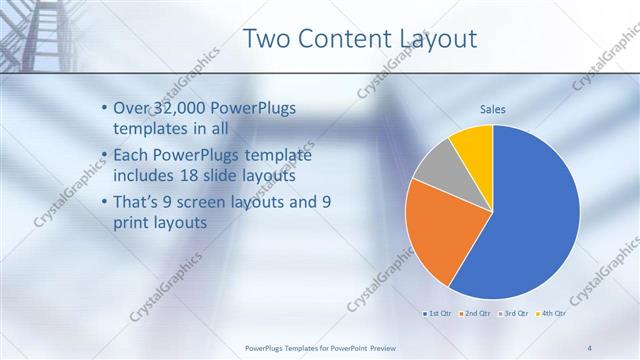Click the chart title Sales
(492, 108)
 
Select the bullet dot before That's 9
(106, 203)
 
